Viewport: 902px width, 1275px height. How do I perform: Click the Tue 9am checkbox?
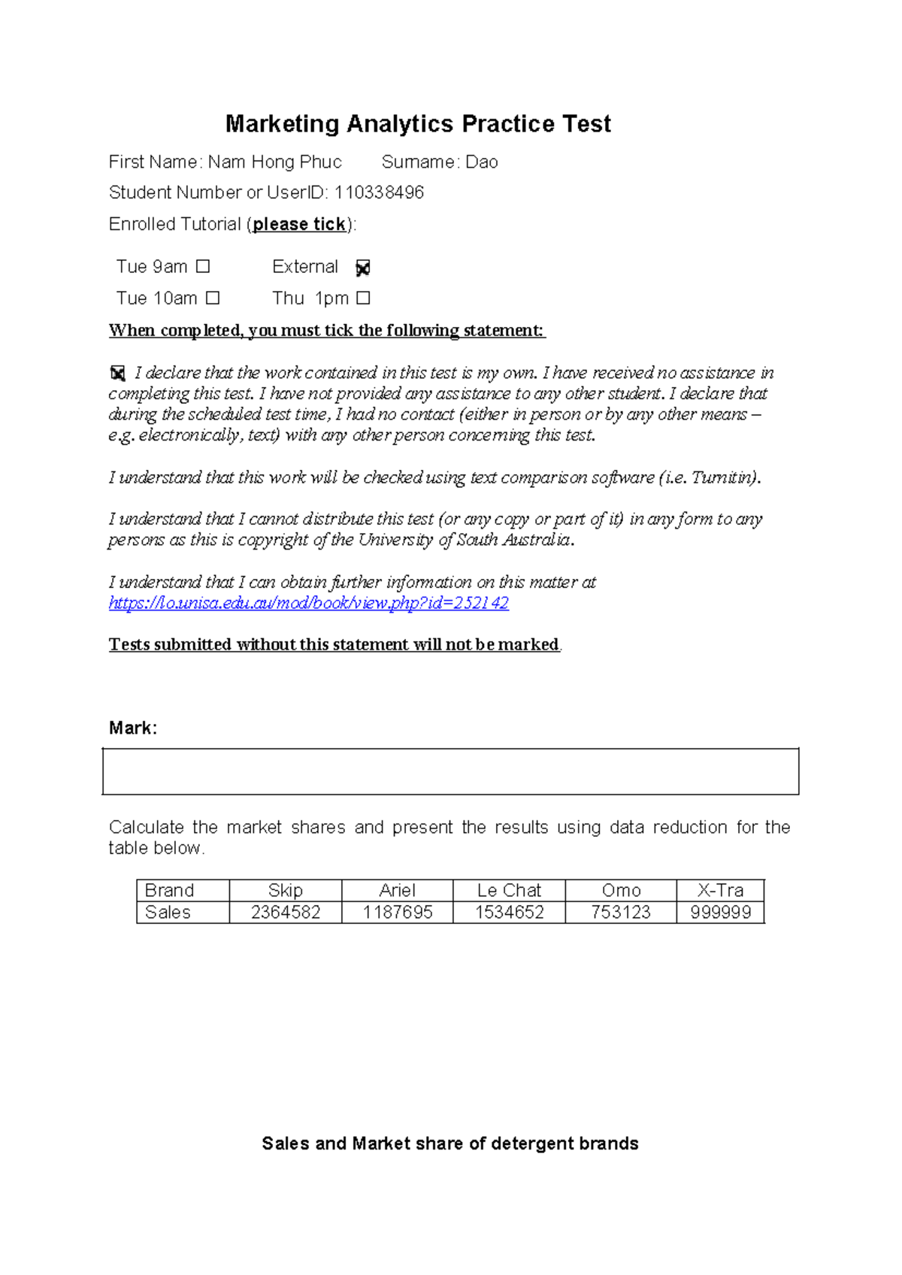point(203,267)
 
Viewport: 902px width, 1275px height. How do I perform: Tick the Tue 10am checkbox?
point(213,298)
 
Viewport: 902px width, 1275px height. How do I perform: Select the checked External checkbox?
point(363,268)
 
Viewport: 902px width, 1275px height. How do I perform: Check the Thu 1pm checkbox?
point(363,298)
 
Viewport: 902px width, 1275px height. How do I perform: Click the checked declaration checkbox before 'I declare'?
point(118,373)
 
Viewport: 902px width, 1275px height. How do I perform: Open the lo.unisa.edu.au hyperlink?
point(309,603)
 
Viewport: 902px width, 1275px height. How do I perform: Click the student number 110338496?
point(379,193)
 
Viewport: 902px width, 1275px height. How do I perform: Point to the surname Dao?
point(482,162)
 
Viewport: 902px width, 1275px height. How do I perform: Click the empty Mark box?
point(450,771)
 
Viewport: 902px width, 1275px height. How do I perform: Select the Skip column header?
point(286,891)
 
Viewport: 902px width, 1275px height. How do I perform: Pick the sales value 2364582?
point(286,913)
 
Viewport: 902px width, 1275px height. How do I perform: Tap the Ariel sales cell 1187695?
point(398,913)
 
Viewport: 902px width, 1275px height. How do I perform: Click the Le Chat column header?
point(509,891)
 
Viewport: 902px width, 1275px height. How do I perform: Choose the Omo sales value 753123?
point(621,913)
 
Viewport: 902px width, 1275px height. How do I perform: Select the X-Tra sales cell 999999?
point(720,913)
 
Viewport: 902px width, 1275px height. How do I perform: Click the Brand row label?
point(169,891)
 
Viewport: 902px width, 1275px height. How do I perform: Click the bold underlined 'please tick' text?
point(299,225)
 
